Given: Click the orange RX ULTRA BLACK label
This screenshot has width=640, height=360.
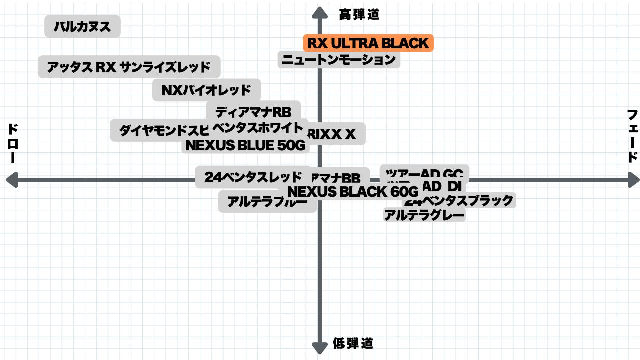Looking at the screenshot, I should [x=368, y=43].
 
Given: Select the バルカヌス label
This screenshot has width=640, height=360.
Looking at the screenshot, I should [x=82, y=26].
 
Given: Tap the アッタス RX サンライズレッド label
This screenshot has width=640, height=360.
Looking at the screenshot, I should [x=129, y=67].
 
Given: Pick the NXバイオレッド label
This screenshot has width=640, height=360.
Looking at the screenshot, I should [x=206, y=90].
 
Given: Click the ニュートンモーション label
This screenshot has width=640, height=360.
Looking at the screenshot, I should [x=339, y=60].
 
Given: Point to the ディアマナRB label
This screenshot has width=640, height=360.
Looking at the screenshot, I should [x=253, y=111].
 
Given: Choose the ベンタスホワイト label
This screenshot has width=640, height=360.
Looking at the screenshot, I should [x=258, y=127].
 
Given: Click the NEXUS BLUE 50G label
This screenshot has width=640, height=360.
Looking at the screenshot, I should [x=245, y=145].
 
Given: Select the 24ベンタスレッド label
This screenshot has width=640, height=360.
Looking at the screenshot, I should [x=253, y=177].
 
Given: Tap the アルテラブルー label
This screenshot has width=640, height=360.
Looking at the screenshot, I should [x=267, y=202].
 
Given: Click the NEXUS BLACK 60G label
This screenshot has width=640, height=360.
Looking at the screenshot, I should [x=353, y=191].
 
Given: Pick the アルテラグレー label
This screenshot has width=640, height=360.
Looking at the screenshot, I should [x=424, y=215].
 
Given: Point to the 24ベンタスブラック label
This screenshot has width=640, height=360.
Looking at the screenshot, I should [x=459, y=201].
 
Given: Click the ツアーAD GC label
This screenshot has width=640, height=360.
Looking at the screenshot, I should [x=424, y=173].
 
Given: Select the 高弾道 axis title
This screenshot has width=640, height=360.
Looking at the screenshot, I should [x=359, y=15].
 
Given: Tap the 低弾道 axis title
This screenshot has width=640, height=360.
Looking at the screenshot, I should [x=353, y=343].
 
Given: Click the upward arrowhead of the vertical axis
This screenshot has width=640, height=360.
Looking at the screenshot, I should [x=319, y=12].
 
